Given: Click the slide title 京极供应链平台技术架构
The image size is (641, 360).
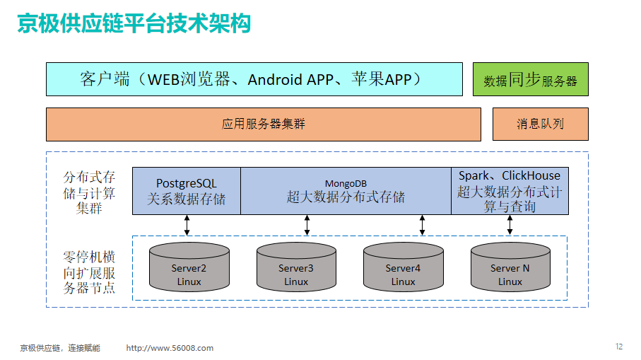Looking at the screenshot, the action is [x=134, y=23].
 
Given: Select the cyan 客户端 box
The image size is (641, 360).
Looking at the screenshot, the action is [x=254, y=79].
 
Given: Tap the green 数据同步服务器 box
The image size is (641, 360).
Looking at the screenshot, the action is [x=531, y=79].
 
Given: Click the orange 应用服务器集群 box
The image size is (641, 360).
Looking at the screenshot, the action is [x=264, y=124].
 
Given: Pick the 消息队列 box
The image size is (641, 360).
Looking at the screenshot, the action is [x=541, y=124].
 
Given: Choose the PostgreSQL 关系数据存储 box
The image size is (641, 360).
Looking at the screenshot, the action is [x=187, y=191].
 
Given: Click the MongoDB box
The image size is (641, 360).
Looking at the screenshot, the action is [x=346, y=191].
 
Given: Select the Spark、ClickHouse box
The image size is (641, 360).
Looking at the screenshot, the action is [x=510, y=191].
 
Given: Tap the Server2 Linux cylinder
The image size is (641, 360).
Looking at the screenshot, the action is [x=189, y=267].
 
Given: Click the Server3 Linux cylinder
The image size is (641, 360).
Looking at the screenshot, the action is [x=296, y=267].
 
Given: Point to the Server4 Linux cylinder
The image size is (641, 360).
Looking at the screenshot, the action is [x=404, y=267].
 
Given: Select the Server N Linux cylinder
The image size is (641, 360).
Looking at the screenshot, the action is [x=510, y=267].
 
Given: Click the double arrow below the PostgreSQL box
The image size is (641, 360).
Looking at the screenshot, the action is [x=187, y=226].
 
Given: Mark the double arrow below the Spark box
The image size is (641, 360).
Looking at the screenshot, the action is [x=510, y=226].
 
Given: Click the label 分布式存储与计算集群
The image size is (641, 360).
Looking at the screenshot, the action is [x=89, y=192].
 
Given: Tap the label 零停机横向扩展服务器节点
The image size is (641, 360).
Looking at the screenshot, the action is [x=89, y=272].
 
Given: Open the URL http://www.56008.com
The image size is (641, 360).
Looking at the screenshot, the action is [x=170, y=348].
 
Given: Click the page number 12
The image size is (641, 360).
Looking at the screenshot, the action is [x=619, y=347].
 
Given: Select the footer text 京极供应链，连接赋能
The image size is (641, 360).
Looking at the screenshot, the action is [x=60, y=348].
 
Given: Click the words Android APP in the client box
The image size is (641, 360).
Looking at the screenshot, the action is [x=290, y=80].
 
